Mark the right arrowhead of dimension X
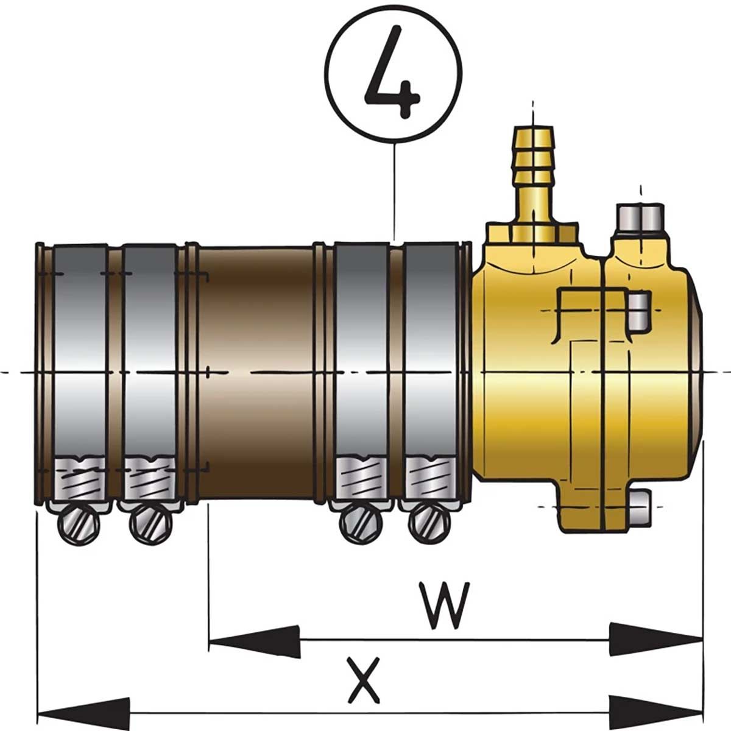[x=657, y=712]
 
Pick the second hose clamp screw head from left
[x=149, y=522]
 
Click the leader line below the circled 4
[x=395, y=189]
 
